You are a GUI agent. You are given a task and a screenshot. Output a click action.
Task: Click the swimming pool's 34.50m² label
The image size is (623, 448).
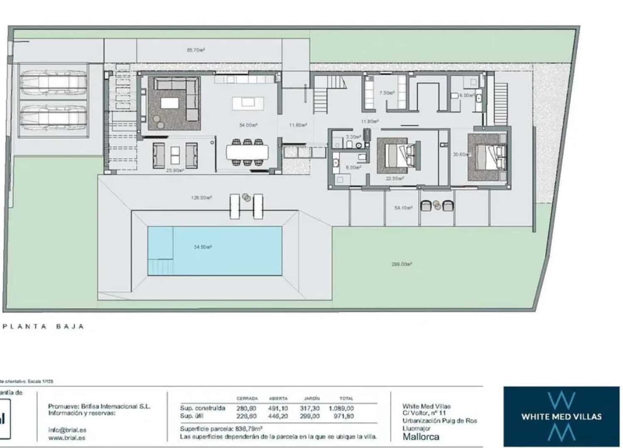click(x=203, y=247)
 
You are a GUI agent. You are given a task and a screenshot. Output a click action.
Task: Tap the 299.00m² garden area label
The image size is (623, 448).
click(x=401, y=264)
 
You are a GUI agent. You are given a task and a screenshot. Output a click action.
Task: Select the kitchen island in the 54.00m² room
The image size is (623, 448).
click(x=248, y=102)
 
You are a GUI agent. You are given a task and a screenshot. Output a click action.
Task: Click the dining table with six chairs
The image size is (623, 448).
click(x=247, y=153)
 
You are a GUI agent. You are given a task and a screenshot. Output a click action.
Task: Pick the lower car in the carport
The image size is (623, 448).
click(x=54, y=115)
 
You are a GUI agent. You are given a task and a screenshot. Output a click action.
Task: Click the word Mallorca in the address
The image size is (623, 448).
click(x=421, y=437)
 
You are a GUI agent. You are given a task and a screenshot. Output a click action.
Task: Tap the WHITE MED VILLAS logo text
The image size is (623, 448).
click(x=561, y=416)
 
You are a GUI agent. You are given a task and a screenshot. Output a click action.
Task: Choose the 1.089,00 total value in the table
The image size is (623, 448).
click(x=341, y=408)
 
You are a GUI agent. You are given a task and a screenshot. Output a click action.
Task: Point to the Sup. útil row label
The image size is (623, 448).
click(x=192, y=416)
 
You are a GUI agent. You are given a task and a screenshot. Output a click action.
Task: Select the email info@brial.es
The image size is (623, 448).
click(x=67, y=430)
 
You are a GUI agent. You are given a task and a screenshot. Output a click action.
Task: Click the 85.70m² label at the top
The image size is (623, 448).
click(x=196, y=50)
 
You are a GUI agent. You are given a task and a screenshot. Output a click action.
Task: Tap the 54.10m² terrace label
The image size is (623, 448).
click(x=403, y=208)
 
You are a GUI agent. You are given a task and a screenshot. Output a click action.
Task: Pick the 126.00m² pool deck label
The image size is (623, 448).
click(x=201, y=198)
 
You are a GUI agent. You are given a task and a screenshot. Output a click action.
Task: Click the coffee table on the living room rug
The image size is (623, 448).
click(x=169, y=103)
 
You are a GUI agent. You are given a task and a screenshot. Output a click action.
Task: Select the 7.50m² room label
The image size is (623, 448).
click(x=386, y=93)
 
